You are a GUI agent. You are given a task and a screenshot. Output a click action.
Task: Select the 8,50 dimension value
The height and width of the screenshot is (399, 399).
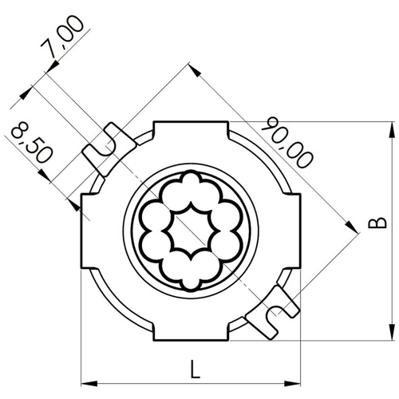tap(31, 142)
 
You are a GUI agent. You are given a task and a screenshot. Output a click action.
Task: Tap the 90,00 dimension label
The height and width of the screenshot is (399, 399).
tap(288, 142)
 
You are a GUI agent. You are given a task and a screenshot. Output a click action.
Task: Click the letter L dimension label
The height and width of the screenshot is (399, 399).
tap(196, 369)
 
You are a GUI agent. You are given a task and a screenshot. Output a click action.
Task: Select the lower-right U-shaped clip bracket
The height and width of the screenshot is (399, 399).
tap(273, 313)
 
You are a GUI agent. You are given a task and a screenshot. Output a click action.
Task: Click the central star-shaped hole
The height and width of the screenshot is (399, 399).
tap(191, 231)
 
